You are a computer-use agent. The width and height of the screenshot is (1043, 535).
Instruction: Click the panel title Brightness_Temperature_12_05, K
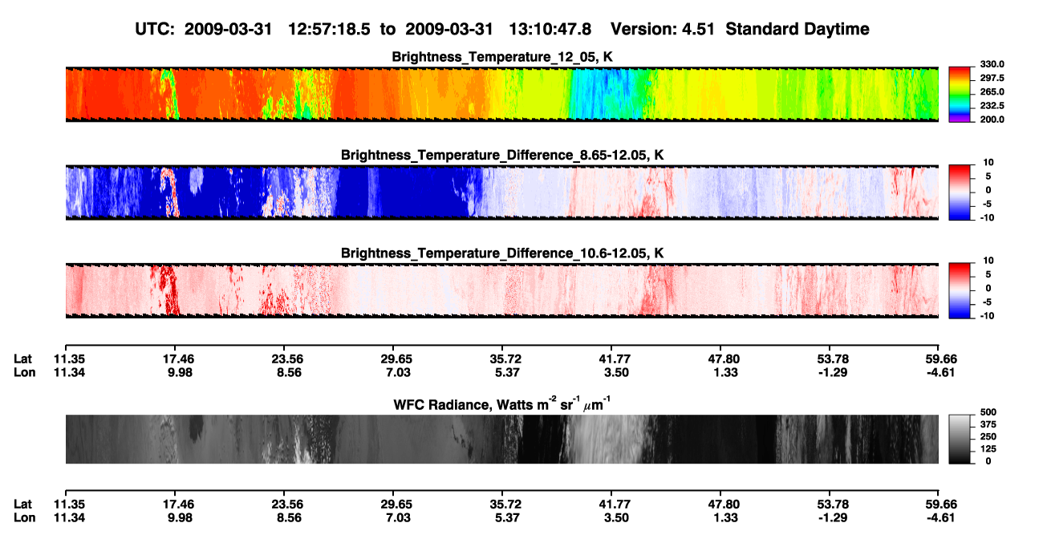[x=502, y=57]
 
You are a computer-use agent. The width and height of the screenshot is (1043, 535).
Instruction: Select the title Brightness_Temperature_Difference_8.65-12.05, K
[x=502, y=155]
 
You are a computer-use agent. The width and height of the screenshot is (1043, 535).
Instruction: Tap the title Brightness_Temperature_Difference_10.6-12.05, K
[x=502, y=253]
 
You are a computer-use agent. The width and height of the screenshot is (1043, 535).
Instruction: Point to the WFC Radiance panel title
[x=502, y=404]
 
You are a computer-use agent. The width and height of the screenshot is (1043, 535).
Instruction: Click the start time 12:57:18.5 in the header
[x=329, y=30]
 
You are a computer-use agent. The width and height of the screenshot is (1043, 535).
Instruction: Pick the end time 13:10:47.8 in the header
[x=550, y=30]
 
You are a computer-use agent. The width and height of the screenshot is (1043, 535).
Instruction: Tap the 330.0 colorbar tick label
[x=992, y=64]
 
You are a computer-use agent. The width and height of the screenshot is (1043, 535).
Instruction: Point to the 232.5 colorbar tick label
[x=992, y=106]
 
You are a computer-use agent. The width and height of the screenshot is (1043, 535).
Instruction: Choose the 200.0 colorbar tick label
[x=992, y=120]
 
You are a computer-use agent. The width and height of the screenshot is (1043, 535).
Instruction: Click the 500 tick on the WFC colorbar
[x=988, y=412]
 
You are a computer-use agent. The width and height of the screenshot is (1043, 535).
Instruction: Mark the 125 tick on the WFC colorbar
[x=988, y=449]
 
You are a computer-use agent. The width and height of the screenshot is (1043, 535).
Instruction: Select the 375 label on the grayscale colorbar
[x=988, y=424]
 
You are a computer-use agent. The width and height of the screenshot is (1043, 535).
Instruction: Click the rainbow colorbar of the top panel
[x=960, y=95]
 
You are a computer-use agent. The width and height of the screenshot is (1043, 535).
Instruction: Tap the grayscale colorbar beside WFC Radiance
[x=960, y=439]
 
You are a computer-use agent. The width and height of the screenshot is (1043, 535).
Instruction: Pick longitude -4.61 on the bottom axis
[x=940, y=518]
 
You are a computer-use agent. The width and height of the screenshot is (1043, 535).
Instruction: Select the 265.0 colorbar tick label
[x=992, y=91]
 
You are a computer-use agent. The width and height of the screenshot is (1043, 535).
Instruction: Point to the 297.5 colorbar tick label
[x=992, y=79]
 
